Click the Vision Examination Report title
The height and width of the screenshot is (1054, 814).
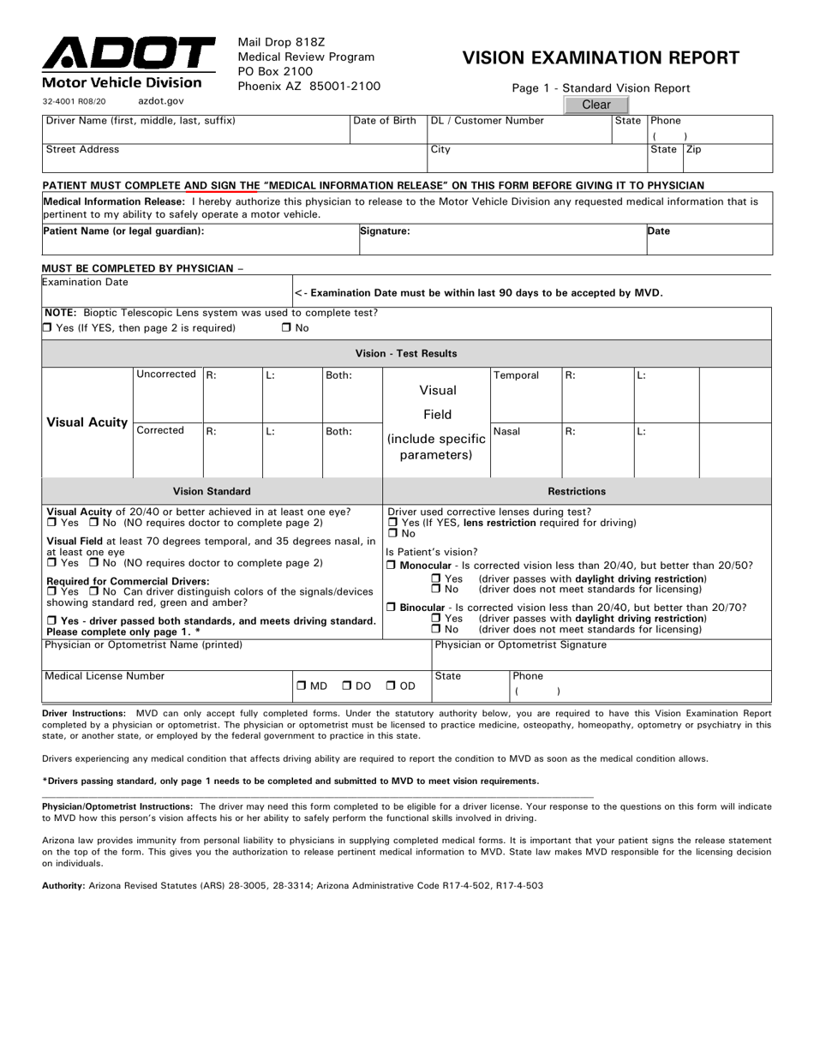tap(601, 58)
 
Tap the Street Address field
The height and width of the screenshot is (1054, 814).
tap(234, 159)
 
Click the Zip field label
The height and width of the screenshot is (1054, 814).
tap(694, 149)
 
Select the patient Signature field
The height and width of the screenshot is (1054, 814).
tap(500, 241)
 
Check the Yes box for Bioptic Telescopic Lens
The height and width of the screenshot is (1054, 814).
tap(48, 328)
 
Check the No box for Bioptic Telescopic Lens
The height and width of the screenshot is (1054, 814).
tap(286, 328)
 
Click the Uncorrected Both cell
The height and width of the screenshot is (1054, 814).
tap(351, 394)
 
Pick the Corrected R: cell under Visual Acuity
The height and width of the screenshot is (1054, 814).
tap(231, 450)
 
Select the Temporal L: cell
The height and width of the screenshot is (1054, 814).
tap(666, 394)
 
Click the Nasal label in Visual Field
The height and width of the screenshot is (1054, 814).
tap(506, 432)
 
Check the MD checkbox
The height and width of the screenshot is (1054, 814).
tap(302, 686)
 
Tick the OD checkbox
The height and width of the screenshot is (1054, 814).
tap(391, 686)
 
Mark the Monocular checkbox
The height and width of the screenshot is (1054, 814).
tap(392, 566)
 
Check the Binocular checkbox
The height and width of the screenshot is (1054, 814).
tap(392, 608)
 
